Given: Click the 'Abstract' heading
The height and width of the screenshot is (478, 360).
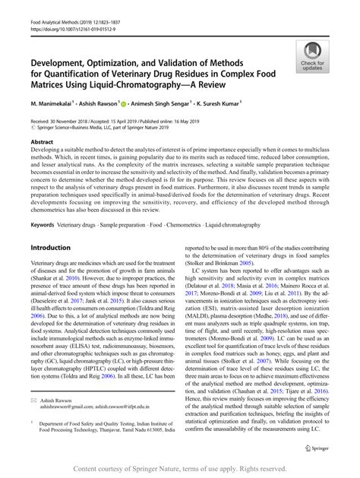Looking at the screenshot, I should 42,142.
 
